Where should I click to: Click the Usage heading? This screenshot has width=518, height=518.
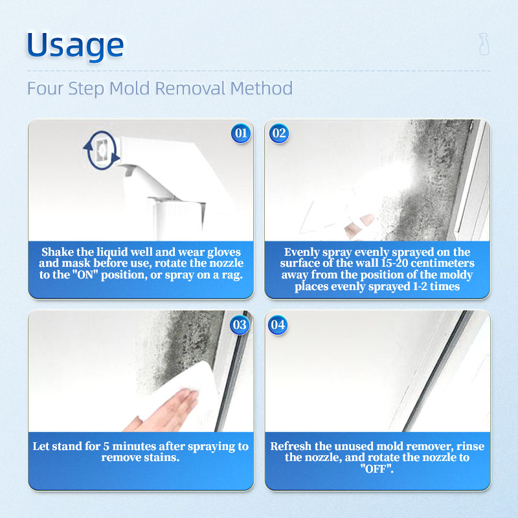[x=75, y=45]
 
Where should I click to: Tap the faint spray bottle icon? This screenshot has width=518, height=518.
[x=484, y=44]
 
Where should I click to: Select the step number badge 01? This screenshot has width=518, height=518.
[x=241, y=133]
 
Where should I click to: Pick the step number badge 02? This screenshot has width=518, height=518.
[x=279, y=133]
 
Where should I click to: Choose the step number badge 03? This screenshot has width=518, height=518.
[x=240, y=325]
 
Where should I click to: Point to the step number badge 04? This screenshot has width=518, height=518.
[x=278, y=325]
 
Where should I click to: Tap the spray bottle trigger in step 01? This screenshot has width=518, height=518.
[x=129, y=170]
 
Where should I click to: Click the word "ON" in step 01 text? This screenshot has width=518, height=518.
[x=85, y=275]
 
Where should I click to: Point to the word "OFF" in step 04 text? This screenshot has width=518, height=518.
[x=377, y=468]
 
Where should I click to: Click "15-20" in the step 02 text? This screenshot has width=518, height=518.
[x=395, y=263]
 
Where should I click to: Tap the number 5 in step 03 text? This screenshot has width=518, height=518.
[x=106, y=446]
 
